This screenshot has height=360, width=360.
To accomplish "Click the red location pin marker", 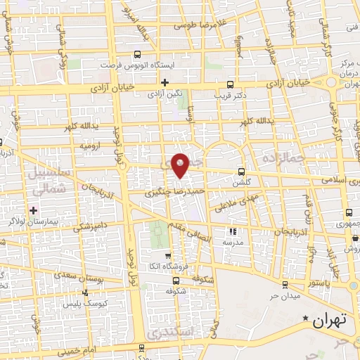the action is [181, 165].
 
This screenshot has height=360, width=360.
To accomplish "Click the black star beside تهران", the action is [305, 319].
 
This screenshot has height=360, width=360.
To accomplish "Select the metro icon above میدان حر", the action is [285, 284].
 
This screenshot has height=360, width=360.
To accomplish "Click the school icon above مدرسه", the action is [234, 231].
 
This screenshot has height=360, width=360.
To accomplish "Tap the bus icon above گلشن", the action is [241, 171].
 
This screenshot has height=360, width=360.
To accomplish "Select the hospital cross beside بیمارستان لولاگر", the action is [32, 210].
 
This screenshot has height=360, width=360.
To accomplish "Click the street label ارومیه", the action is [90, 146].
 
